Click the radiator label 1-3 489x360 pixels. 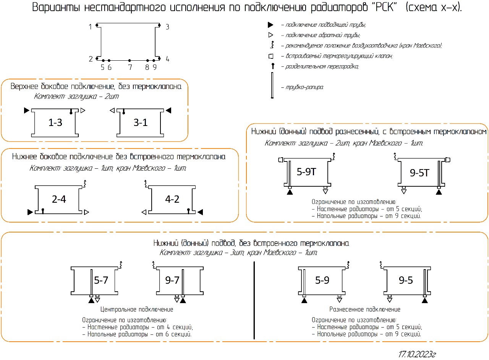[x=55, y=123]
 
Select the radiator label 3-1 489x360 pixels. [x=141, y=123]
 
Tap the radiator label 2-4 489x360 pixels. [x=59, y=199]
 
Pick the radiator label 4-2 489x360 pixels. [x=172, y=199]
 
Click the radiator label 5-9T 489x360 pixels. [x=306, y=172]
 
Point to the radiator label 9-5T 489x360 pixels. [x=419, y=173]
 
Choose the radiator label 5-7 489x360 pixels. [x=101, y=280]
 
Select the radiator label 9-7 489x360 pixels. [x=172, y=280]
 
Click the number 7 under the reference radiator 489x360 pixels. [x=130, y=68]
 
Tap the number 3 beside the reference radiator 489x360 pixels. [x=167, y=27]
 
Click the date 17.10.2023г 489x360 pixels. [x=417, y=354]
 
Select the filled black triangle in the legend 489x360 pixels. [x=270, y=25]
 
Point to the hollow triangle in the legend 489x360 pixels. [x=270, y=35]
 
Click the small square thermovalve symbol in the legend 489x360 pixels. [x=271, y=56]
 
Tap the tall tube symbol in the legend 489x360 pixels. [x=272, y=86]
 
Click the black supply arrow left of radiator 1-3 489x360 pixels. [x=26, y=110]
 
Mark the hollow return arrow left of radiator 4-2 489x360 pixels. [x=144, y=212]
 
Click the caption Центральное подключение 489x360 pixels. [x=137, y=309]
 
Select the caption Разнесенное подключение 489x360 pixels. [x=365, y=309]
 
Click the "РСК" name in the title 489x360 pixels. [x=384, y=8]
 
